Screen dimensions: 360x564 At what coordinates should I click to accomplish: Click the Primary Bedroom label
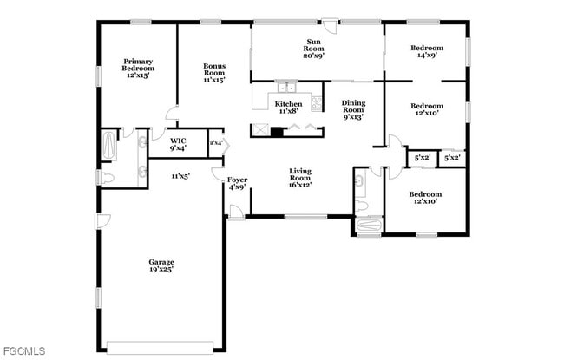[139, 69]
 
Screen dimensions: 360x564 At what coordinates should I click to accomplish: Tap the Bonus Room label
[214, 73]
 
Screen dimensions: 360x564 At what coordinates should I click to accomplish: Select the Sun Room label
[313, 49]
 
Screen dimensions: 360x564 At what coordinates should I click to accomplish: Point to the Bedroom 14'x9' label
[426, 51]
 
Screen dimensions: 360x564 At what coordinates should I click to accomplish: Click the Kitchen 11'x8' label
[288, 107]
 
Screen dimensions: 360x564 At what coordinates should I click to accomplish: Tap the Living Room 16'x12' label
[300, 178]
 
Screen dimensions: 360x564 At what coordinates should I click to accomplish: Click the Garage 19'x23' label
[161, 265]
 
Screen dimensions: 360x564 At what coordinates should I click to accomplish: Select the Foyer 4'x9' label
[237, 183]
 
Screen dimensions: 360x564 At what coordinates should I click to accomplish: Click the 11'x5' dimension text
[180, 176]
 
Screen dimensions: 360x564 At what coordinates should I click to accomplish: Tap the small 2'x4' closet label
[215, 143]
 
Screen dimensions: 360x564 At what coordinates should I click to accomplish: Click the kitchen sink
[287, 88]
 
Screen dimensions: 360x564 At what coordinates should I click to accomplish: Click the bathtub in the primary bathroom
[108, 146]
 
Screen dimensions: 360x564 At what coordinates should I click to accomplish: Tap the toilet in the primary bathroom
[105, 179]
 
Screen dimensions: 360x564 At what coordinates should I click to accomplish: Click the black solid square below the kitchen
[277, 132]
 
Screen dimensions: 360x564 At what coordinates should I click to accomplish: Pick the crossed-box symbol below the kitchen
[259, 132]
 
